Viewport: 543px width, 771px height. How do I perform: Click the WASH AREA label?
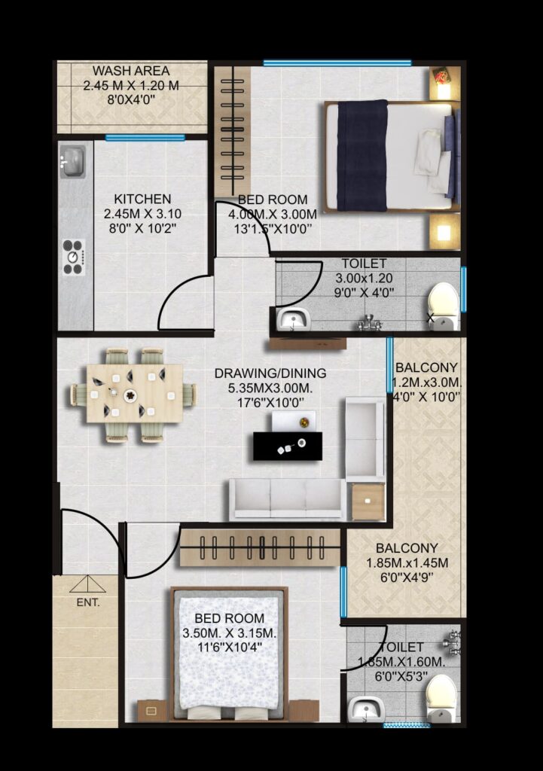point(131,71)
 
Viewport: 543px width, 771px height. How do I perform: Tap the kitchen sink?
point(72,162)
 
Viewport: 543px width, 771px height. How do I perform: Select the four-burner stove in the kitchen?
point(73,257)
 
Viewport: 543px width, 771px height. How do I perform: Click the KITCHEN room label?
point(142,199)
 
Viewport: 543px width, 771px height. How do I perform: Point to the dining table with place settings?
point(134,393)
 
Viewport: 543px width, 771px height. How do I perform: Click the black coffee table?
point(288,446)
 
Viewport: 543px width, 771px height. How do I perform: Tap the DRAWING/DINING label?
point(270,373)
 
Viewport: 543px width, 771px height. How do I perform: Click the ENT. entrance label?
point(88,602)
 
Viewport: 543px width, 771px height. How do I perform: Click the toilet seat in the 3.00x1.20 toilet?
point(444,305)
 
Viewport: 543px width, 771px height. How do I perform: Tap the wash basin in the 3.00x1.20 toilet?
point(293,320)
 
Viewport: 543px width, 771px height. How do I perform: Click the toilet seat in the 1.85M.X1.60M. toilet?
point(442,697)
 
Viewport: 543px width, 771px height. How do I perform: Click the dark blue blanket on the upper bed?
point(362,155)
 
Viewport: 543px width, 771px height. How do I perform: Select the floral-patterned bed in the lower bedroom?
point(229,654)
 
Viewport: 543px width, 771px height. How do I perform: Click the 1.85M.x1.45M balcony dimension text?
point(407,562)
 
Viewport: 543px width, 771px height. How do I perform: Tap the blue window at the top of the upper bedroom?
point(337,63)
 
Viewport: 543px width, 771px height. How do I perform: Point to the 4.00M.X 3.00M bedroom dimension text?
point(273,214)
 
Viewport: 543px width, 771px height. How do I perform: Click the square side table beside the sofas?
point(368,501)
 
